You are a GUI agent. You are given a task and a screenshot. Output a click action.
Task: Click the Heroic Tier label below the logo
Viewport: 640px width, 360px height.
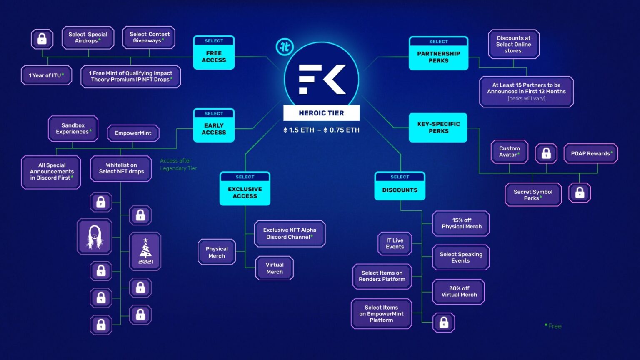point(321,113)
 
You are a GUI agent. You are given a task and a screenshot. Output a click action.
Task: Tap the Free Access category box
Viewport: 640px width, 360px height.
point(214,52)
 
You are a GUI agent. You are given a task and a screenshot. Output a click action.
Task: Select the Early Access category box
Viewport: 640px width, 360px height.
point(214,125)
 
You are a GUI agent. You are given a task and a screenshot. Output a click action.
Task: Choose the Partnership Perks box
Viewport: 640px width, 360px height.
point(439,53)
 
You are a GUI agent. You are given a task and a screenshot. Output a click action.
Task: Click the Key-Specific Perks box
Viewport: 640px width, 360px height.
point(438,127)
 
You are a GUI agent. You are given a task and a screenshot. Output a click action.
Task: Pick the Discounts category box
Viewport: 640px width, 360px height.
point(400,186)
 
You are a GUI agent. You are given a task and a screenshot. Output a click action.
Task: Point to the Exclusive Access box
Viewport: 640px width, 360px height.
point(245,189)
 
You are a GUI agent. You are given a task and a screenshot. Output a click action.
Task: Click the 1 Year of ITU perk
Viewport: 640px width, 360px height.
point(46,75)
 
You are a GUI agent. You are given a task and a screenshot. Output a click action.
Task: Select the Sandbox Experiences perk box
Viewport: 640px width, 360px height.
point(73,129)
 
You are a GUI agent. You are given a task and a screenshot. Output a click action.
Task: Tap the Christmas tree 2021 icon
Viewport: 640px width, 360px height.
point(145,251)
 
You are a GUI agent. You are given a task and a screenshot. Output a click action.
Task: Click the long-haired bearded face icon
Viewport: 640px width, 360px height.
point(94,237)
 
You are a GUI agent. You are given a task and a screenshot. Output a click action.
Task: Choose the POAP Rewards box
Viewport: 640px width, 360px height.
point(591,153)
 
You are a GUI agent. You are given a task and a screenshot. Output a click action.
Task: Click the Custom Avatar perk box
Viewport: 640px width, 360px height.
point(510,151)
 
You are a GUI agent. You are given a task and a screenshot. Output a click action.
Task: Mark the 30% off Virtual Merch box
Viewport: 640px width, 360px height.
point(459,292)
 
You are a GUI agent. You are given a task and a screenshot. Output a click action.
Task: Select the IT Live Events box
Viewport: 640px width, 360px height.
point(395,243)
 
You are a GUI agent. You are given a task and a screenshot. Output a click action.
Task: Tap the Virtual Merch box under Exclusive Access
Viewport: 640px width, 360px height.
point(274,268)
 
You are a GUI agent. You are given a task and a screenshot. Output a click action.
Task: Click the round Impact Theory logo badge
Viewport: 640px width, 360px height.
point(285,47)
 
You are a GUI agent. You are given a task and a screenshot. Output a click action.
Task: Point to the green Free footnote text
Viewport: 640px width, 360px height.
point(553,326)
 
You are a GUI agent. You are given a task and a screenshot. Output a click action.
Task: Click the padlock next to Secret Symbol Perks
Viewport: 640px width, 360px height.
point(580,193)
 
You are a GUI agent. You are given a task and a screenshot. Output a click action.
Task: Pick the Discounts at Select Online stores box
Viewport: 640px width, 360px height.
point(514,44)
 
